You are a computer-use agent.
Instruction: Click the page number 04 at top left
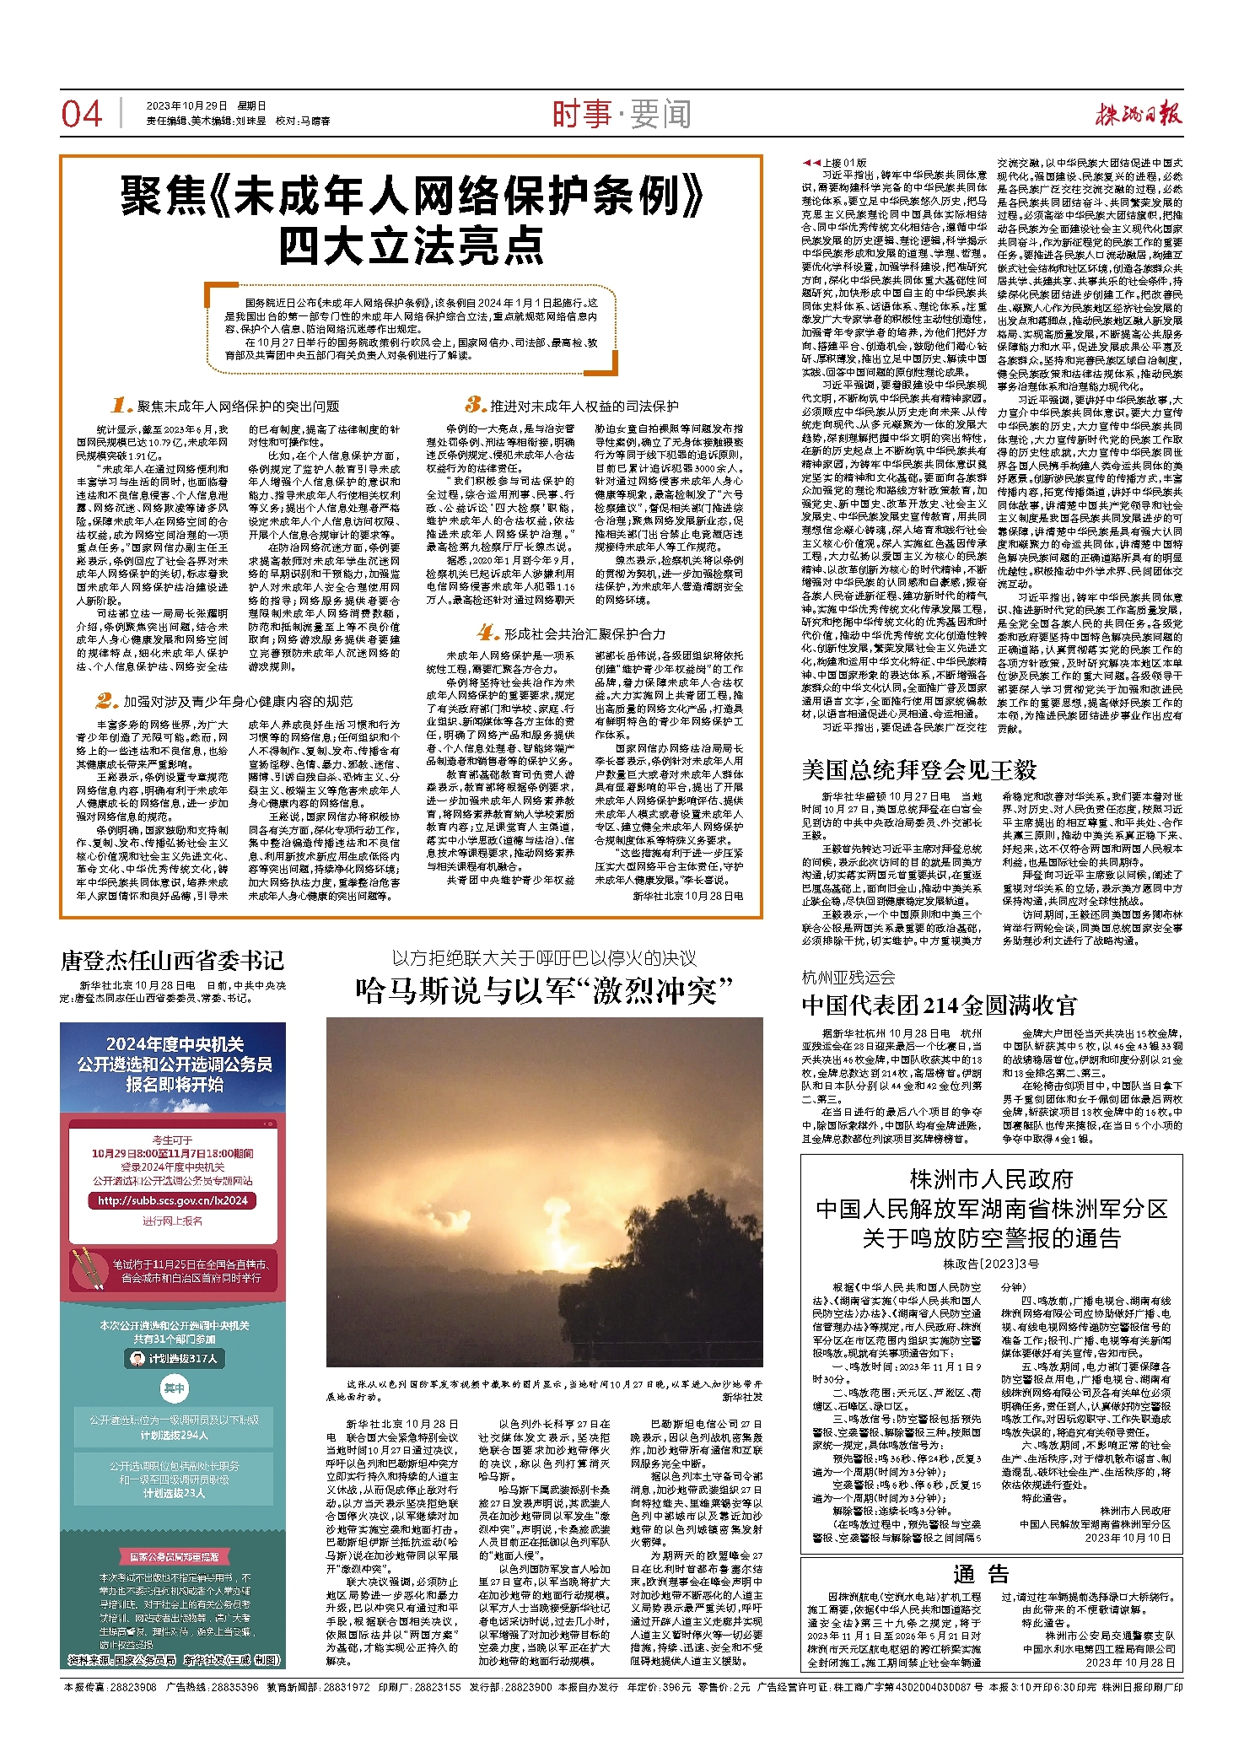coord(81,114)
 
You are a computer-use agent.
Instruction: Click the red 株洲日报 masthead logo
coord(1138,114)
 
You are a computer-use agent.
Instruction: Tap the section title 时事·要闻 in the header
coord(622,114)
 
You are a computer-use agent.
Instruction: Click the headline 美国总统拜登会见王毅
coord(918,769)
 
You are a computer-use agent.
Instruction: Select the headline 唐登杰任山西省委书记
coord(172,961)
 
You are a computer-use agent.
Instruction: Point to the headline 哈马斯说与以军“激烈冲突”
coord(544,990)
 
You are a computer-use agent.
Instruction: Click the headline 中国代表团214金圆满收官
coord(939,1005)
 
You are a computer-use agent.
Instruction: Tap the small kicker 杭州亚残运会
coord(848,978)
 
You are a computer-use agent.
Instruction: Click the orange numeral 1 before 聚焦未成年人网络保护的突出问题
coord(122,406)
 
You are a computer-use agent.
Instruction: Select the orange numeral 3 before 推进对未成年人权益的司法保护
coord(476,405)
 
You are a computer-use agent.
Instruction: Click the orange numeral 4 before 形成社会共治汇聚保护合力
coord(487,633)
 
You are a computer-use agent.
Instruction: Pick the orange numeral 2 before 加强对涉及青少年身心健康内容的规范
coord(106,700)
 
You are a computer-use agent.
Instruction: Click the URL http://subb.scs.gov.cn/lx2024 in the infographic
coord(173,1200)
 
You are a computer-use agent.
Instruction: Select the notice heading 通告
coord(981,1573)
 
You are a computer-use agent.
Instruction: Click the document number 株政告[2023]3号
coord(991,1264)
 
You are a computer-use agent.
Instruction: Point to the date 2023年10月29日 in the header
coord(186,106)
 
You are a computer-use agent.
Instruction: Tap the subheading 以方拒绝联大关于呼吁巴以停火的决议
coord(544,958)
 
